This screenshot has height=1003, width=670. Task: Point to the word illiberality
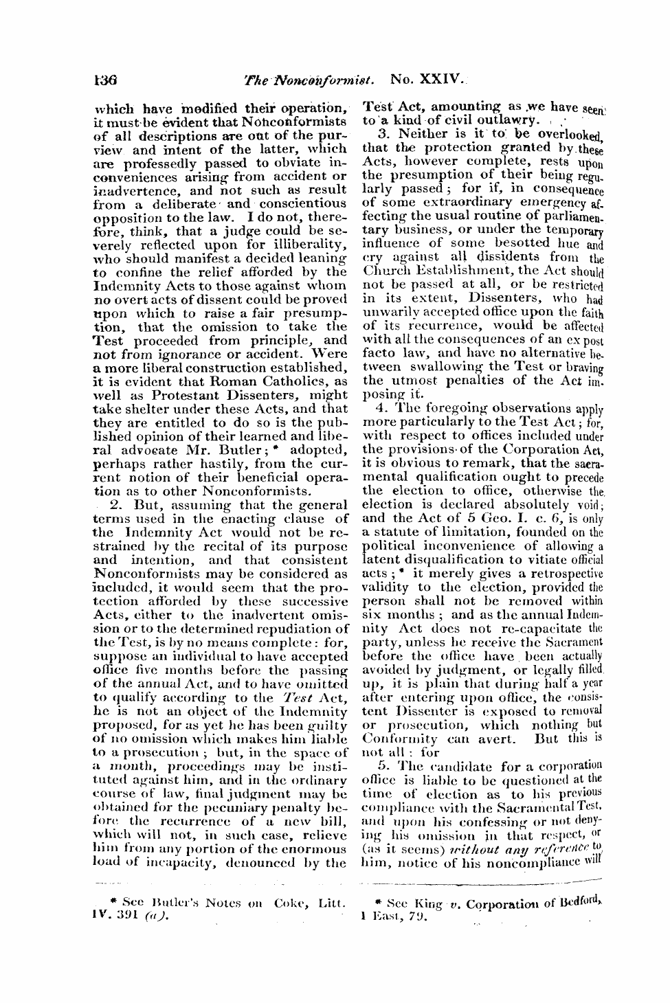306,244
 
